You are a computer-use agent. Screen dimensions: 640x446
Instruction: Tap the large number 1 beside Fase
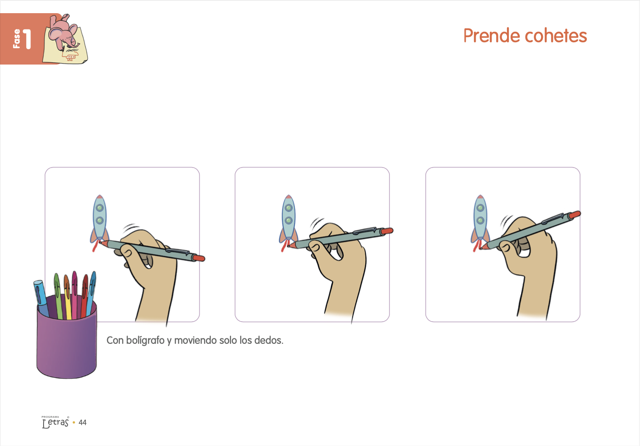click(27, 39)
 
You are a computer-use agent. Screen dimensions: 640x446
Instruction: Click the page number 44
click(83, 422)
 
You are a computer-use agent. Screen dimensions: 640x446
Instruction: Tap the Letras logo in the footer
click(55, 422)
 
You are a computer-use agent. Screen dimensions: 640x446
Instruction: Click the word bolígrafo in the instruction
click(145, 341)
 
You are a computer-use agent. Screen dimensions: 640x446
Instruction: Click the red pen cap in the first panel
click(198, 258)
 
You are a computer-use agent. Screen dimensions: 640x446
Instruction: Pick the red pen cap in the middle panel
click(387, 231)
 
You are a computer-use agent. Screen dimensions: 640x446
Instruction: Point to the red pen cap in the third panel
click(574, 215)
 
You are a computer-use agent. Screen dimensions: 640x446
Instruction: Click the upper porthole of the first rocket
click(100, 208)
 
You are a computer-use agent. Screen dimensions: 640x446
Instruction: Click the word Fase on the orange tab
click(17, 39)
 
